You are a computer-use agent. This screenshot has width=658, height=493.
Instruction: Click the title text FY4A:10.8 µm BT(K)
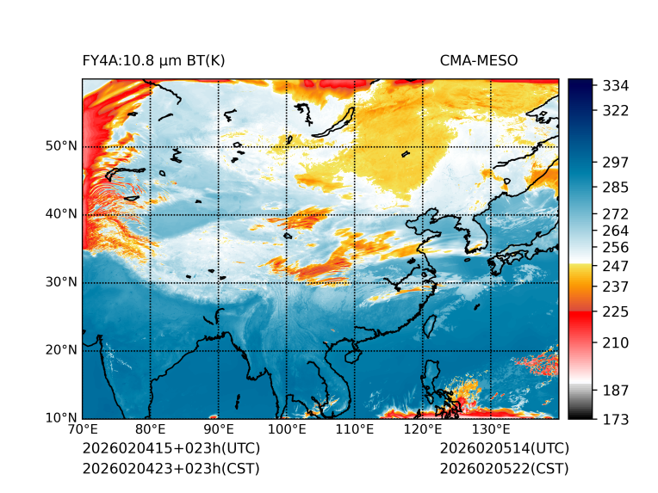tap(153, 61)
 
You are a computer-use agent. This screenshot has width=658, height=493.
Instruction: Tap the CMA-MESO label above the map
tap(479, 61)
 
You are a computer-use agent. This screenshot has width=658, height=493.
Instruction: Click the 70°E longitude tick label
tap(83, 429)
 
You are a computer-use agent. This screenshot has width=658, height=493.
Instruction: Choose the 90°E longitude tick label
tap(219, 429)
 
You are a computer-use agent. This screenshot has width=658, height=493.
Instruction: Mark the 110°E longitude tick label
tap(355, 429)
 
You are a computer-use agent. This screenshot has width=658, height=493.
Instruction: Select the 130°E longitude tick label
tap(491, 429)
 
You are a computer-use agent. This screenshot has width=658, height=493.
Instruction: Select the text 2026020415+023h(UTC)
tap(171, 448)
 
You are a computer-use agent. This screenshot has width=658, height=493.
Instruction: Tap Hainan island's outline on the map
tap(351, 355)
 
